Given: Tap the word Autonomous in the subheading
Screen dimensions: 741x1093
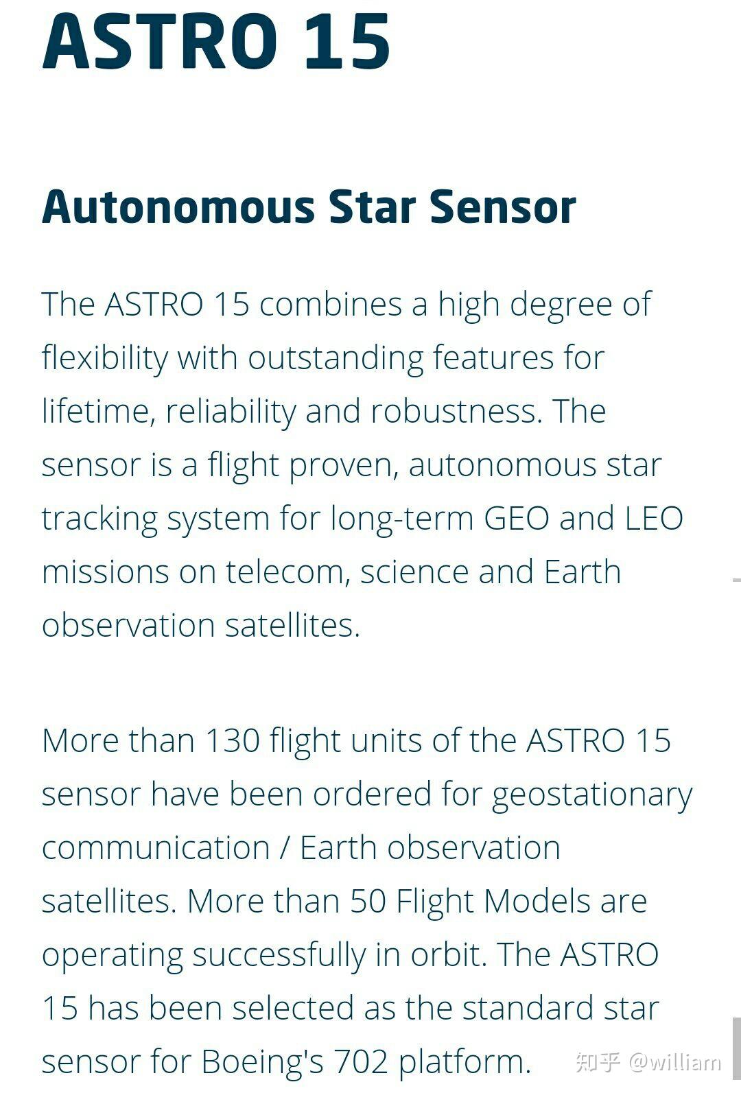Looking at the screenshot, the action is [178, 207].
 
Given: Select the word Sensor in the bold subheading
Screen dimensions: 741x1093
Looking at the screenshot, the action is [502, 207].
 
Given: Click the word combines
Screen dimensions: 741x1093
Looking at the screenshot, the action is [331, 304].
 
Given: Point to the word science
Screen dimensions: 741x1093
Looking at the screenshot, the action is [414, 572].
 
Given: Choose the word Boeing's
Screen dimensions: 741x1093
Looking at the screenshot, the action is [263, 1061].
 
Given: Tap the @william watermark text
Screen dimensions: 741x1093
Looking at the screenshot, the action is [675, 1061].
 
